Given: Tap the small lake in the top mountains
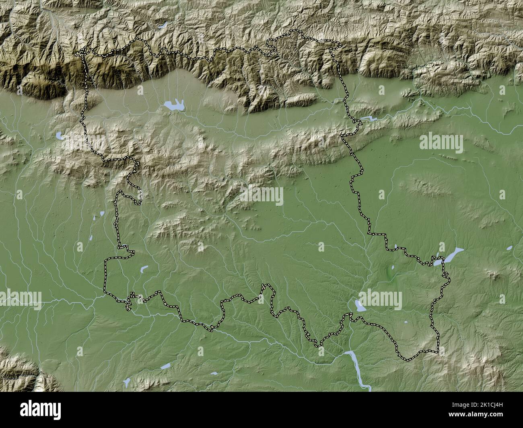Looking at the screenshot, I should tap(163, 25).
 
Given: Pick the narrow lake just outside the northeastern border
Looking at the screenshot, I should tap(368, 119).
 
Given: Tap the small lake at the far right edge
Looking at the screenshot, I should tap(509, 248).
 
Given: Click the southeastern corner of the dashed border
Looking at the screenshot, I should tap(438, 351).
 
